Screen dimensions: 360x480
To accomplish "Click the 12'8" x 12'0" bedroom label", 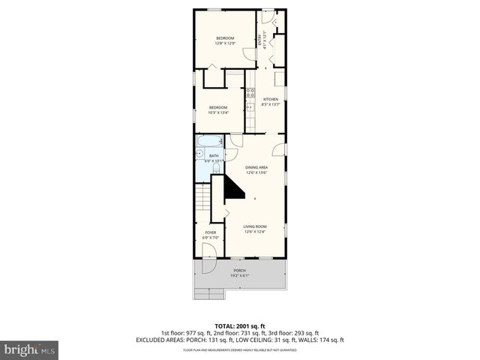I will coord(225,41).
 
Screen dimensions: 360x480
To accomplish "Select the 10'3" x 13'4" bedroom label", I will coord(217,110).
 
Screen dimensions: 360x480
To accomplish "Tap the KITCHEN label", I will coord(271,102).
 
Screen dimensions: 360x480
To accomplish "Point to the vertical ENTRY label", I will coord(261,40).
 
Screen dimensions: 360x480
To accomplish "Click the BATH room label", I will coord(214,158).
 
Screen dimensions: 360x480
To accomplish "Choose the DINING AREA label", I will coord(256,169).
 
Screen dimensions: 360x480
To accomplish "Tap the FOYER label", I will coord(211,235).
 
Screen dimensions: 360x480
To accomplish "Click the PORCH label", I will coord(240,273).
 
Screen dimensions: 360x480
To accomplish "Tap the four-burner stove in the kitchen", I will coord(249,94).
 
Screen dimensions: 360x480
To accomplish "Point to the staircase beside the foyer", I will coord(203,199).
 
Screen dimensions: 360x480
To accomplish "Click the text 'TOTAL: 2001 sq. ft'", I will coord(240,325).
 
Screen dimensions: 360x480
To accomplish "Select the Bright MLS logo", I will coord(30,349).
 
